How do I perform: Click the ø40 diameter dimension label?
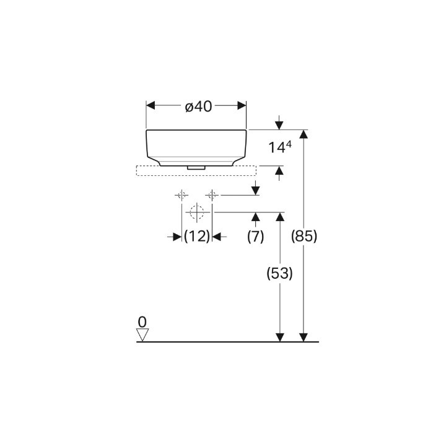(199, 107)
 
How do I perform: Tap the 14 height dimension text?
(276, 148)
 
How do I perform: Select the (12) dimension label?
(197, 237)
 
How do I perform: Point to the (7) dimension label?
(255, 237)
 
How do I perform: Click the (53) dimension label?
(279, 273)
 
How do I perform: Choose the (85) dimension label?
(304, 236)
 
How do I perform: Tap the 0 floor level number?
(142, 322)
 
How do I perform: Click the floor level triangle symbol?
(142, 334)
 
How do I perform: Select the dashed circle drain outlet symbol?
(197, 212)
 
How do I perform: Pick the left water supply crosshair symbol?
(181, 195)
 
